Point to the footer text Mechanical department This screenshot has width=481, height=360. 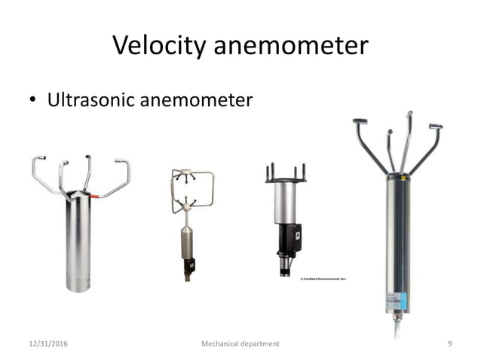pyautogui.click(x=240, y=343)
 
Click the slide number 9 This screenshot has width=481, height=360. pyautogui.click(x=449, y=343)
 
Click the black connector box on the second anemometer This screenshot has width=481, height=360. pyautogui.click(x=190, y=265)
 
